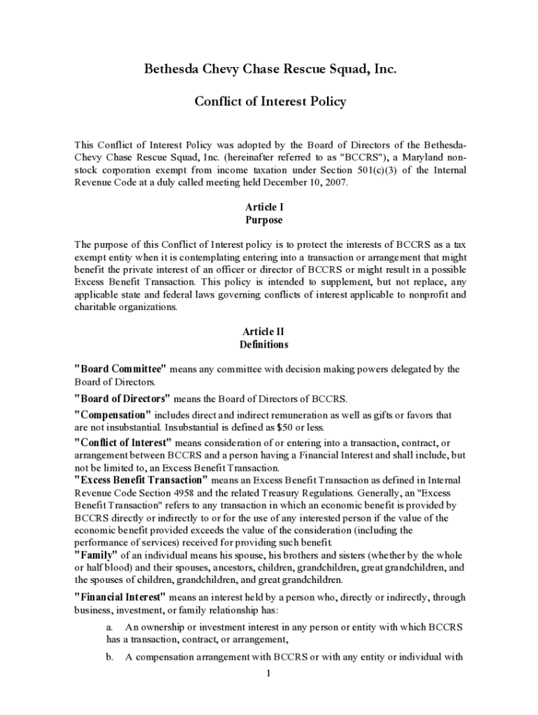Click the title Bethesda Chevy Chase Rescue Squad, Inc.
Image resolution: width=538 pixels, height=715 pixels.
(x=270, y=69)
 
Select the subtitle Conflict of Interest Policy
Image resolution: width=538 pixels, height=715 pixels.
(x=270, y=102)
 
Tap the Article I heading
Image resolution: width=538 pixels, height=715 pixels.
(x=263, y=207)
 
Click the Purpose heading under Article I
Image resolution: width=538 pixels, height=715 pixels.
(x=263, y=220)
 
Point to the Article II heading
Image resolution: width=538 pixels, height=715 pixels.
(x=263, y=332)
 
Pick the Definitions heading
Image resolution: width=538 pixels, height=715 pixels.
(x=263, y=344)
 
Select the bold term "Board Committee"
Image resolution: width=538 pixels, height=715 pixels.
(x=120, y=369)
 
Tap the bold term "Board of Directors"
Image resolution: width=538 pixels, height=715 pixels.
(x=122, y=399)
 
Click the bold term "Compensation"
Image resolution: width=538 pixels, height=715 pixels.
(x=112, y=415)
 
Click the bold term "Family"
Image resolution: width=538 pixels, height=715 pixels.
(x=96, y=554)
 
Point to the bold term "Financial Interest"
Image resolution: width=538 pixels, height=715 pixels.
(x=120, y=597)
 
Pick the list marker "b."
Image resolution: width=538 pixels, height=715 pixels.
(x=110, y=657)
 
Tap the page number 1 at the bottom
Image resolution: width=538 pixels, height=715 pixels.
(x=268, y=674)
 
